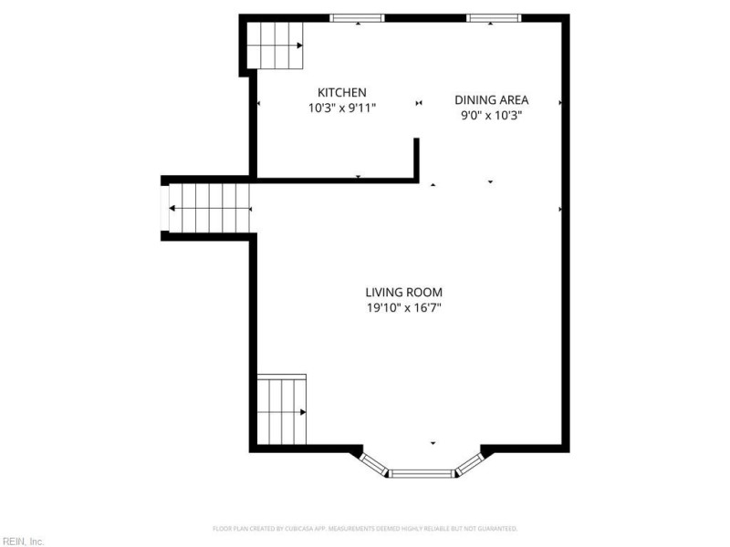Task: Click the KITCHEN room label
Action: click(341, 92)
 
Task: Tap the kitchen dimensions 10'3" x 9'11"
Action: click(341, 108)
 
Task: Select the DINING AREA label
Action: click(493, 100)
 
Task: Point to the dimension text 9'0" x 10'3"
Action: click(493, 116)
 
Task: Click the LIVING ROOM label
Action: click(403, 292)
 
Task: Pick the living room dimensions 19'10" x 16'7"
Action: click(403, 308)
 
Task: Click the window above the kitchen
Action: click(357, 17)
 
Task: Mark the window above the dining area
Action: click(494, 17)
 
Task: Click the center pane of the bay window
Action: click(422, 473)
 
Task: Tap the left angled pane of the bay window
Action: click(375, 463)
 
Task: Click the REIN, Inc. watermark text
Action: click(22, 542)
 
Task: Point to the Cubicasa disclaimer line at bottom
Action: click(365, 528)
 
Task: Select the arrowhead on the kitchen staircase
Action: click(299, 45)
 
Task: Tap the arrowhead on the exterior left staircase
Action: click(172, 208)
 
